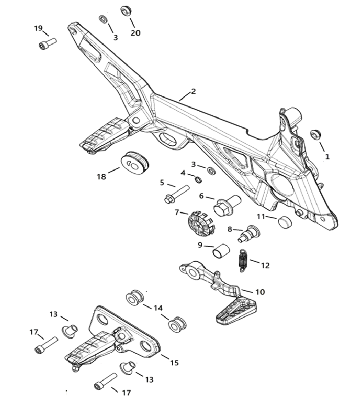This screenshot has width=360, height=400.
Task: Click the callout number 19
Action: pyautogui.click(x=38, y=28)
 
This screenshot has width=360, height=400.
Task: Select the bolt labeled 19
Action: pyautogui.click(x=47, y=43)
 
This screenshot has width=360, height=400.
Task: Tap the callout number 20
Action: pyautogui.click(x=135, y=33)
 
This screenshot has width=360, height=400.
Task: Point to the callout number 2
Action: pyautogui.click(x=193, y=91)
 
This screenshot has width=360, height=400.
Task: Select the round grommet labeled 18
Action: pyautogui.click(x=134, y=162)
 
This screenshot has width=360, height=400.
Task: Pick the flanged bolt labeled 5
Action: pyautogui.click(x=176, y=193)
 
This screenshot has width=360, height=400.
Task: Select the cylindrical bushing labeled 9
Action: pyautogui.click(x=220, y=251)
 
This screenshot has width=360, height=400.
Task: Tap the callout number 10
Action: pyautogui.click(x=260, y=292)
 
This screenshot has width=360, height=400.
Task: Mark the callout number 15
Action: pyautogui.click(x=174, y=363)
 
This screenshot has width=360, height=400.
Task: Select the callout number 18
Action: pyautogui.click(x=102, y=177)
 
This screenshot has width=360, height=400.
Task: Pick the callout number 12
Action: pyautogui.click(x=265, y=265)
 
